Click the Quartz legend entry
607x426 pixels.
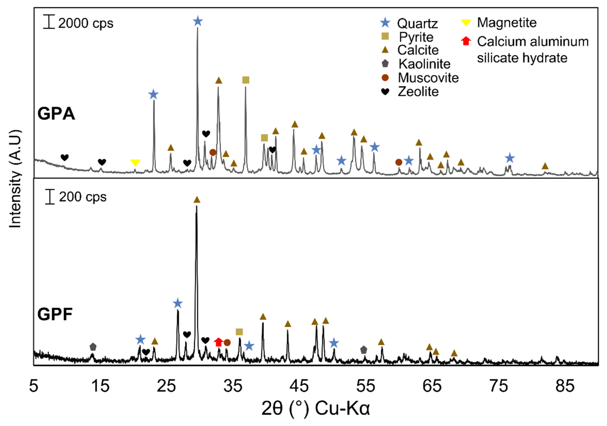(417, 24)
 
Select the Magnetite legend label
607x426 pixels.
(507, 23)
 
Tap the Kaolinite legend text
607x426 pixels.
(424, 64)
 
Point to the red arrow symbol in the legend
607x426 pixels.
(466, 41)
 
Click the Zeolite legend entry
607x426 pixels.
(418, 92)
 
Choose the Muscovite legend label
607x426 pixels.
(428, 78)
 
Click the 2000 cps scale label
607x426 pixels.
(85, 24)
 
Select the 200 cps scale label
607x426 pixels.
(83, 197)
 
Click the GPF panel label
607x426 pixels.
(55, 314)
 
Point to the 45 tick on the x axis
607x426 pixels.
(299, 386)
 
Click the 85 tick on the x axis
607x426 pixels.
(565, 386)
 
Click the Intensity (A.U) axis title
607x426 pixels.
(15, 179)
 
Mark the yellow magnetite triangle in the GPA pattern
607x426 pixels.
(135, 163)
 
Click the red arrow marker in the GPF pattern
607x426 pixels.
(218, 342)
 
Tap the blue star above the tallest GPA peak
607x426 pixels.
(198, 21)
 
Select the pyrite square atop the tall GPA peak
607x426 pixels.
(246, 80)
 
